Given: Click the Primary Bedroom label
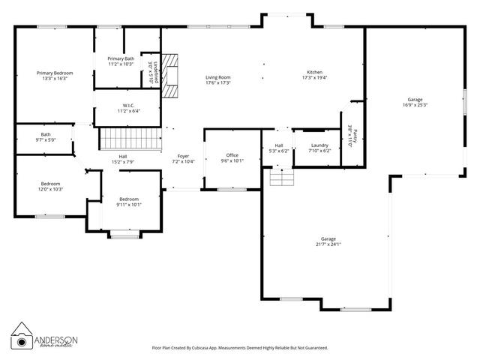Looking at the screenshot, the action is tap(55, 73).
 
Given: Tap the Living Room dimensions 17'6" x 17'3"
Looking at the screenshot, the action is tap(218, 82).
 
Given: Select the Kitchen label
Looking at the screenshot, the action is tap(315, 72).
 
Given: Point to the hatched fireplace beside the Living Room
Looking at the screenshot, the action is tap(170, 76).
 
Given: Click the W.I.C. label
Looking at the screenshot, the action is tap(129, 106).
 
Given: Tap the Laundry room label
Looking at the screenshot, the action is tap(319, 145).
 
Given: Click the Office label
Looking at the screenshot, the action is tap(232, 155).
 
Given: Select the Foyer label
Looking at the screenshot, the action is tap(183, 156).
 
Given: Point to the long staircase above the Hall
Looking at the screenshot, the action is tap(131, 139).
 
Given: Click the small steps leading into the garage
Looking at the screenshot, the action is tap(282, 177).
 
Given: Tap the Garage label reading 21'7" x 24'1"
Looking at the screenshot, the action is tap(328, 238).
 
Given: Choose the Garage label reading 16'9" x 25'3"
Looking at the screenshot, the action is tap(415, 100).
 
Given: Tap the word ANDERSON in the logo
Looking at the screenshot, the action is tap(56, 340).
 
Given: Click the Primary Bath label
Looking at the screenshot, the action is tap(121, 58).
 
